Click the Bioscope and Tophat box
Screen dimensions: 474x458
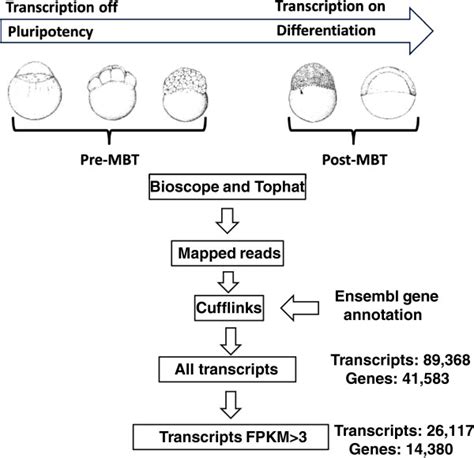(x=227, y=187)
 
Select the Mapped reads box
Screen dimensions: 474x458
(x=227, y=253)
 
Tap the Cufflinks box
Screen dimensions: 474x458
(x=229, y=308)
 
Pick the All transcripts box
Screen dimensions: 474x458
(x=227, y=369)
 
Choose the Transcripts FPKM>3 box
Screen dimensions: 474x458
(x=231, y=437)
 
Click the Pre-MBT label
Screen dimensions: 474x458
(x=109, y=160)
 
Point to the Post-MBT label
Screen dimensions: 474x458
(x=354, y=160)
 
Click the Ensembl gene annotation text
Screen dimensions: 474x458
(x=387, y=305)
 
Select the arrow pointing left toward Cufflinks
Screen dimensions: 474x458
(x=300, y=308)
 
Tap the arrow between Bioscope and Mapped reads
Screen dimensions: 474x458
(x=227, y=221)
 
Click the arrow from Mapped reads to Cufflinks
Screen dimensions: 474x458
(x=228, y=282)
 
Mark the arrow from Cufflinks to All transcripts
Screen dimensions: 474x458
(x=231, y=341)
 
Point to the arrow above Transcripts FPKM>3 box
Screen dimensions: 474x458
(x=231, y=405)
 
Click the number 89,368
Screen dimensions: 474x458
(x=447, y=360)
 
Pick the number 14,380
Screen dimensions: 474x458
(x=430, y=449)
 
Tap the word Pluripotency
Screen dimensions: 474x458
(x=50, y=33)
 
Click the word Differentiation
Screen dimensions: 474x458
(x=326, y=31)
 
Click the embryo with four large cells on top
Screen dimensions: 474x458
(x=112, y=94)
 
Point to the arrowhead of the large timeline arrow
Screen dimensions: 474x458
(x=433, y=31)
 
